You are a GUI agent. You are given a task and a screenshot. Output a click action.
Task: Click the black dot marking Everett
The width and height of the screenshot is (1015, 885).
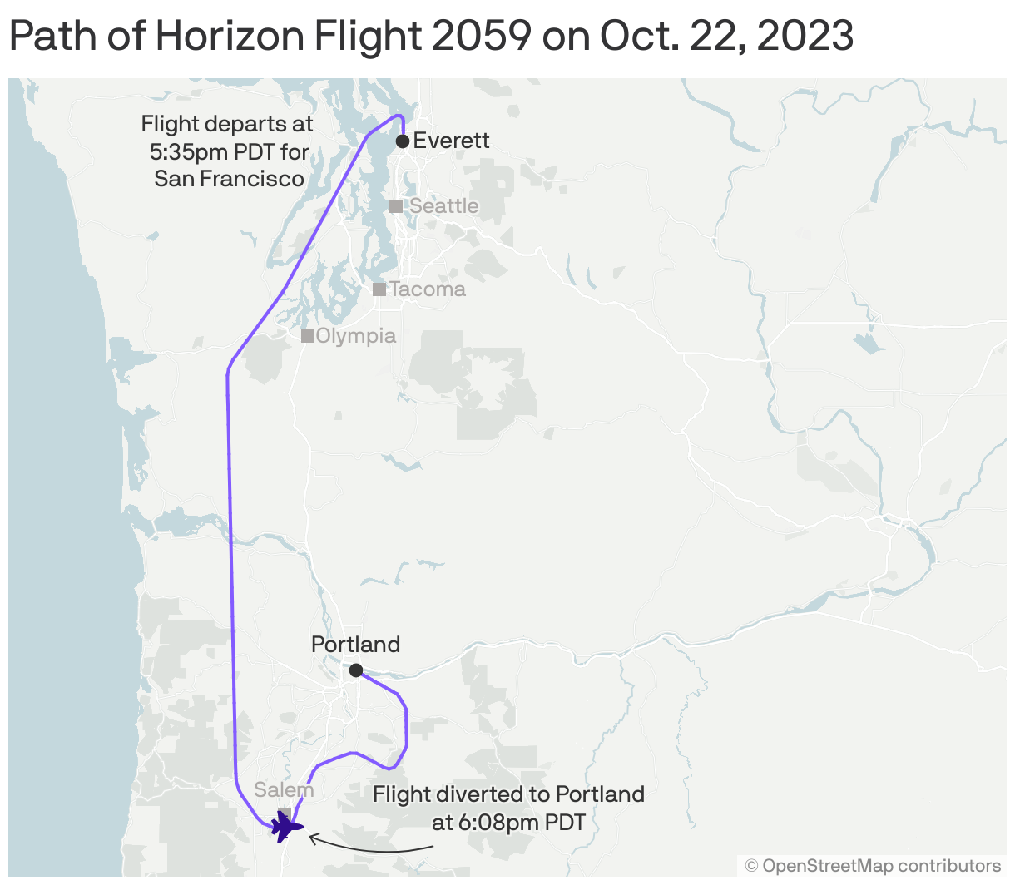click(403, 141)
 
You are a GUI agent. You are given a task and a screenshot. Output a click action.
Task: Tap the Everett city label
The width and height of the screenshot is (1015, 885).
click(451, 141)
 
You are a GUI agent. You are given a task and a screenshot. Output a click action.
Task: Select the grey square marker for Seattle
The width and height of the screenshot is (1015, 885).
click(396, 206)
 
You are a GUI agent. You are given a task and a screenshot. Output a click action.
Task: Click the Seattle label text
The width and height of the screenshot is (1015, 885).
click(444, 206)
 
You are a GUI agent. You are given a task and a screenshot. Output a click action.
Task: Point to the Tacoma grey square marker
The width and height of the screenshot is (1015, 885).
click(379, 289)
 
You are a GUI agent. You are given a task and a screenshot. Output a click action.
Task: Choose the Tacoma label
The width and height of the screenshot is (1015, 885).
click(427, 289)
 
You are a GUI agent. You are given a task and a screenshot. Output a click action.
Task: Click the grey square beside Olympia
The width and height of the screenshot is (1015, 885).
click(307, 336)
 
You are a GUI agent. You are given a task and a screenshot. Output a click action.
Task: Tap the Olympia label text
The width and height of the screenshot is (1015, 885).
click(356, 336)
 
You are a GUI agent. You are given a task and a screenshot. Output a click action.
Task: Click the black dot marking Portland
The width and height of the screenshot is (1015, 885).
click(356, 670)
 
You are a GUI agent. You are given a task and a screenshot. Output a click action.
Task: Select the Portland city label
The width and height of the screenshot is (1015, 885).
click(355, 645)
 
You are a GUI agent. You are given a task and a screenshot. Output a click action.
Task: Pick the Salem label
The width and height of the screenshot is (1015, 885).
click(284, 790)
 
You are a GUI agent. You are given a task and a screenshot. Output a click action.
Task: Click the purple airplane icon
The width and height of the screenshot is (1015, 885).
click(286, 827)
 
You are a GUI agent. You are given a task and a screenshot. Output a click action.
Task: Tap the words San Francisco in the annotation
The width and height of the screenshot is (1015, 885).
click(229, 179)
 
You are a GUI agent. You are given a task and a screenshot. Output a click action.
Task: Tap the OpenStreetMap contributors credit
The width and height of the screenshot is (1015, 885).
click(873, 866)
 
